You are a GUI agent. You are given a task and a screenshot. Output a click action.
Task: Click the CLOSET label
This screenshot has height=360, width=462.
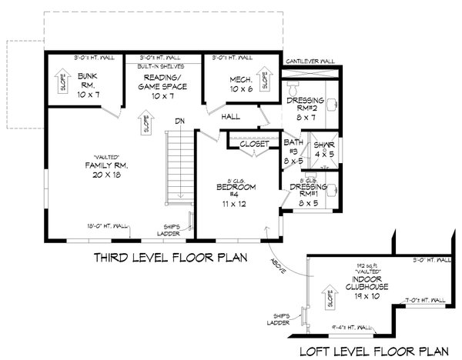click(x=253, y=144)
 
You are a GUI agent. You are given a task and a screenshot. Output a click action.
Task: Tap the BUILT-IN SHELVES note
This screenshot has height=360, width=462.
click(x=159, y=67)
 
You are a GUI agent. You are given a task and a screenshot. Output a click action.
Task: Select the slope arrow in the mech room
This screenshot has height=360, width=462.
click(x=266, y=80)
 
